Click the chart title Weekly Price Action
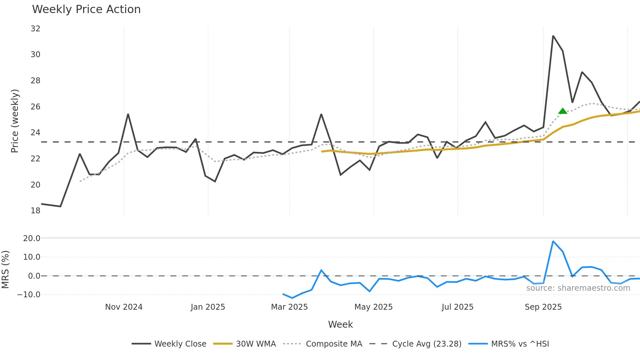point(86,9)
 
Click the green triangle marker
point(563,111)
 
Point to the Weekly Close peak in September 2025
point(553,36)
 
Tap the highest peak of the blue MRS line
point(553,241)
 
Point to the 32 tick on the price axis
point(36,29)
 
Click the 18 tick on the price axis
point(36,211)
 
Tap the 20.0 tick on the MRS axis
point(32,238)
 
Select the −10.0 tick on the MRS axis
point(29,295)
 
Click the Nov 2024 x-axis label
point(124,307)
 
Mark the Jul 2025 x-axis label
point(457,307)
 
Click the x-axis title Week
point(340,324)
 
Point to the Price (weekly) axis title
point(15,121)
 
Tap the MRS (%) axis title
point(5,270)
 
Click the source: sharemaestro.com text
point(578,288)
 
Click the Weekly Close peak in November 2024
point(128,114)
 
